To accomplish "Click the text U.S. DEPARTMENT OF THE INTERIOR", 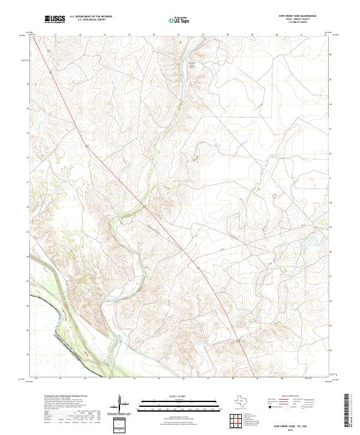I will tap(91, 17).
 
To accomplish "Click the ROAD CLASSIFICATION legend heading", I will tap(290, 397).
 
